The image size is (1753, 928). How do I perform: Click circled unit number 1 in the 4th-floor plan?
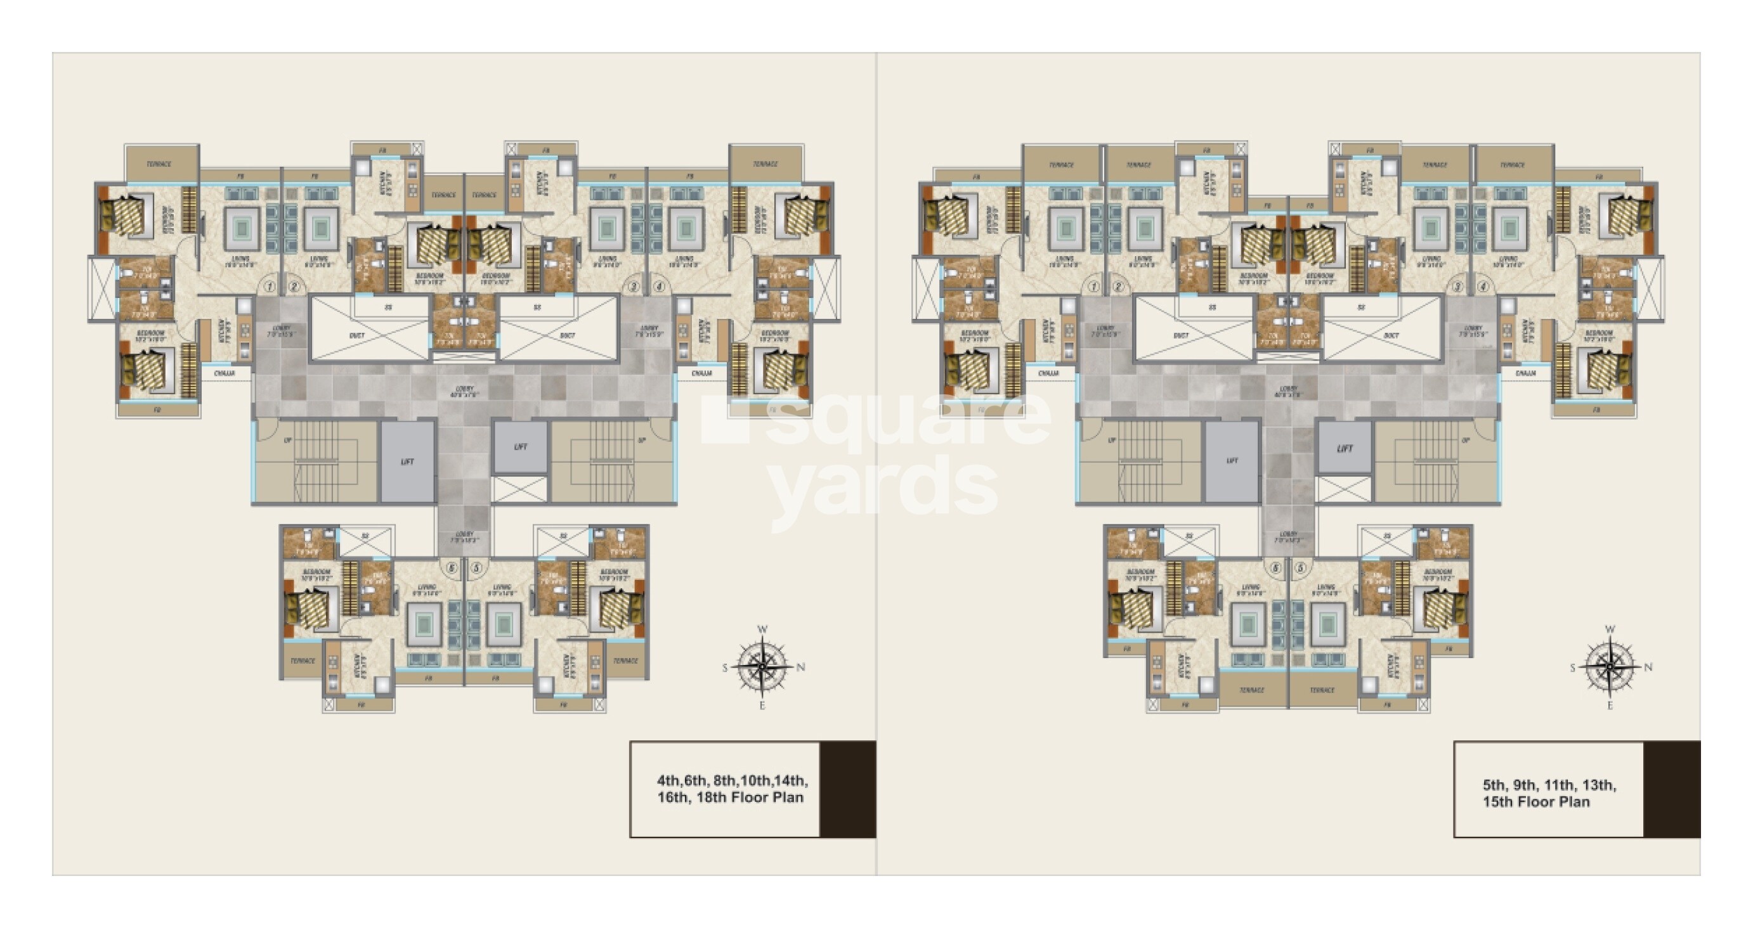[270, 287]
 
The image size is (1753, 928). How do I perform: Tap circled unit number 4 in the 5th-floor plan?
[1483, 287]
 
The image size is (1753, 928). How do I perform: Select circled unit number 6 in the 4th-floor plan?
[450, 567]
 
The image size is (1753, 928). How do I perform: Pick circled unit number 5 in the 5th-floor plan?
[1300, 567]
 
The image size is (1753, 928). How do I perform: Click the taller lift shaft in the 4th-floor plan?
[407, 462]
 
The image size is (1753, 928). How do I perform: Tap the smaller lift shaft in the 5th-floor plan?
[1345, 448]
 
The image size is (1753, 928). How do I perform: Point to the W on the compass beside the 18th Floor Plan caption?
[763, 629]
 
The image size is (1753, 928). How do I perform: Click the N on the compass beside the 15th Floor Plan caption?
[1648, 667]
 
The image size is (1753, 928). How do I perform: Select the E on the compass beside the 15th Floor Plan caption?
[1610, 706]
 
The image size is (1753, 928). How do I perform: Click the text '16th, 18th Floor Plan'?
[730, 797]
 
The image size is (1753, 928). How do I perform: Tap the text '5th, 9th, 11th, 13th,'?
[1549, 785]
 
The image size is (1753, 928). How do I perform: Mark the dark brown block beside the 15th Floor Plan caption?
[1671, 789]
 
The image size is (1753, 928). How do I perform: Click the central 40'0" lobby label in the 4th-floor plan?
[465, 391]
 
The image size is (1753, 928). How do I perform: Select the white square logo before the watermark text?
[724, 420]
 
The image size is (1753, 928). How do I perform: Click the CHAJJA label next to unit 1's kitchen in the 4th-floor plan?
[225, 373]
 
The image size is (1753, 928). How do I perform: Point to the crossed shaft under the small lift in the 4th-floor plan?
[519, 489]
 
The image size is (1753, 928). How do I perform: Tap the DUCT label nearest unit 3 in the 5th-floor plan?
[1391, 335]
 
